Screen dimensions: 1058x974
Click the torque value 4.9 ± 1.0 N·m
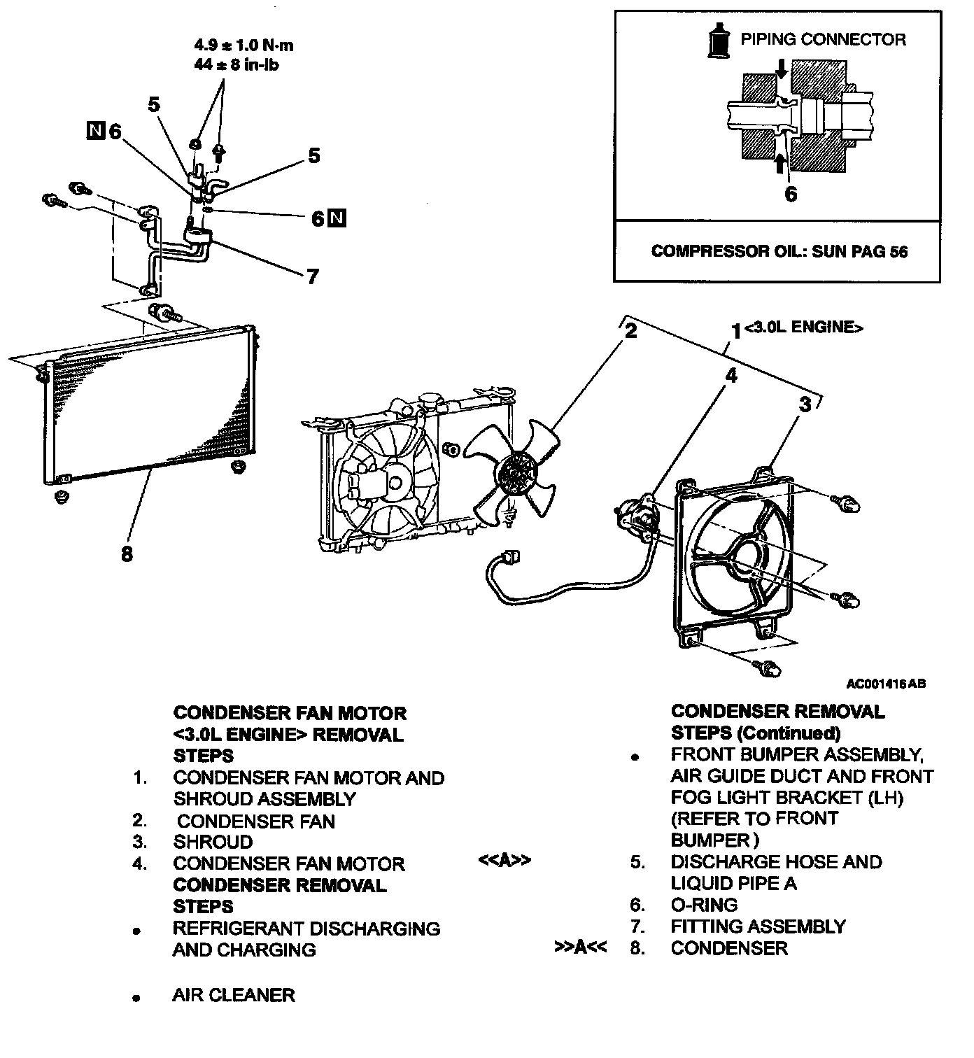243,46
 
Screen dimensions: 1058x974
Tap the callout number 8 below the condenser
127,554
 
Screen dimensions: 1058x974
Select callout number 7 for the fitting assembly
312,276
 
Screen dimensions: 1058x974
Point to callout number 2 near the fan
630,330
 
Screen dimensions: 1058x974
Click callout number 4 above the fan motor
730,376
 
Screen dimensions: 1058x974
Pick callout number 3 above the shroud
805,404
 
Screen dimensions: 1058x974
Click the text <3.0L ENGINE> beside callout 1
803,327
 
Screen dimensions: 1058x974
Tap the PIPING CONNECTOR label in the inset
823,39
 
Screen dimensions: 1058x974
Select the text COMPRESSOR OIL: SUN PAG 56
779,251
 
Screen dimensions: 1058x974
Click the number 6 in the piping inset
790,194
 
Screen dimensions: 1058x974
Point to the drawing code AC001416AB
886,684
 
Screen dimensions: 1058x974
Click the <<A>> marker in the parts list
504,860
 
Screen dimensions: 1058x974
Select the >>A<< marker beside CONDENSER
580,947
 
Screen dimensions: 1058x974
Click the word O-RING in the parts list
704,905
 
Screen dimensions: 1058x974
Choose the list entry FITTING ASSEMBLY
758,926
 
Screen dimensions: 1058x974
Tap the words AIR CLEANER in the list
234,995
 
